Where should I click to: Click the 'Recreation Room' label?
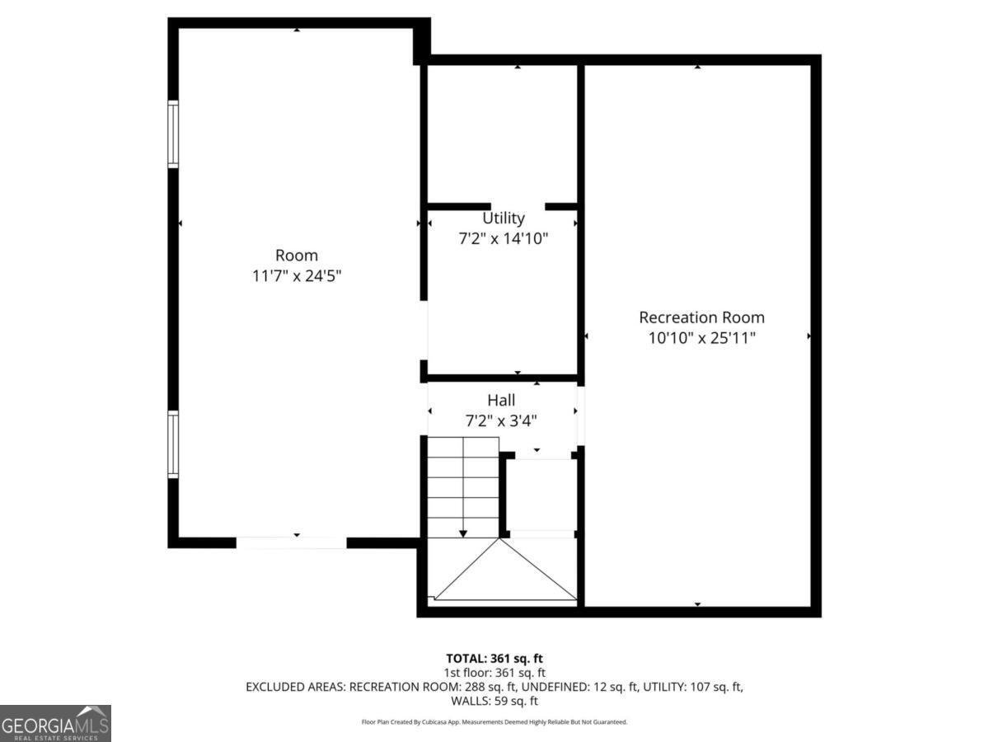[x=701, y=317]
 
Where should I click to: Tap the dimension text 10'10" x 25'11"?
[x=701, y=338]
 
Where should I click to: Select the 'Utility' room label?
[x=503, y=218]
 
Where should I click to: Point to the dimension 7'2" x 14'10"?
[x=503, y=239]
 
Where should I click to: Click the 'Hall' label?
[x=501, y=401]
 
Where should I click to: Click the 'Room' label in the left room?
[x=297, y=256]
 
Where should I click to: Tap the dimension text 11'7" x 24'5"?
[x=297, y=276]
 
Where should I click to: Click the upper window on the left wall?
[x=173, y=134]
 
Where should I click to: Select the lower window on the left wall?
[x=173, y=444]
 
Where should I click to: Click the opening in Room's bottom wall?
[x=291, y=542]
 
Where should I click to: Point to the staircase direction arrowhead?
[x=463, y=534]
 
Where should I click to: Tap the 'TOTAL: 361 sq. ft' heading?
[x=494, y=659]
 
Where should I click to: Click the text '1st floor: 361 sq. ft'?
[x=494, y=673]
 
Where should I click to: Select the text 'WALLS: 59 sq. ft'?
[x=494, y=701]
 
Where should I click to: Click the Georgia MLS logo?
[x=55, y=723]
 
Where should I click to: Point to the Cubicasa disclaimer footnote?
[x=494, y=722]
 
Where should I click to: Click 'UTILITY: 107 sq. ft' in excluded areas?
[x=691, y=687]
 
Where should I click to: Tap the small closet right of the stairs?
[x=541, y=495]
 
